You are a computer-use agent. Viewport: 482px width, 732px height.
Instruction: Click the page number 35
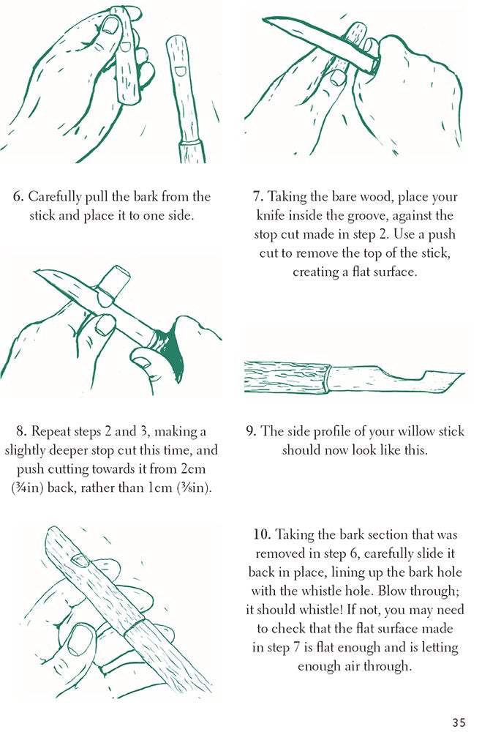click(459, 721)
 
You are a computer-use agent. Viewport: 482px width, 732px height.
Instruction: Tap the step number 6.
click(18, 196)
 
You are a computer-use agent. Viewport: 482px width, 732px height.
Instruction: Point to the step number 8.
click(20, 431)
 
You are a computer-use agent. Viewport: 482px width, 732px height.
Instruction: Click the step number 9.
click(251, 431)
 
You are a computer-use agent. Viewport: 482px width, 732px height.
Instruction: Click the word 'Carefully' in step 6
click(55, 198)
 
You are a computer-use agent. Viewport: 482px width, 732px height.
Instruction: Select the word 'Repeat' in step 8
click(51, 432)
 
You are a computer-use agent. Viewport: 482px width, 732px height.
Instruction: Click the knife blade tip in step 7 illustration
click(264, 19)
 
